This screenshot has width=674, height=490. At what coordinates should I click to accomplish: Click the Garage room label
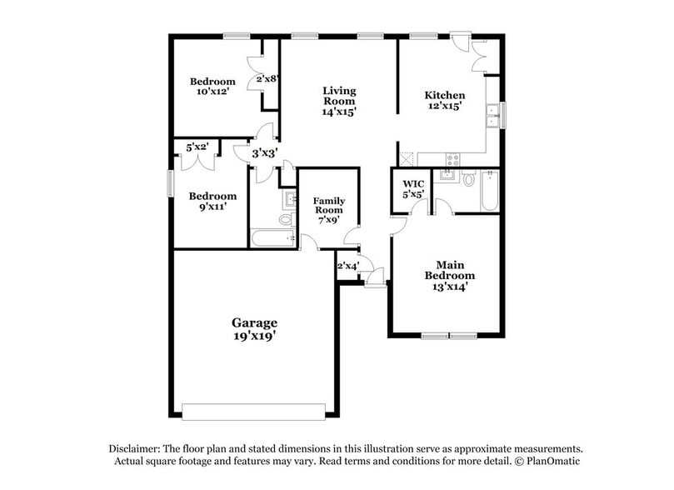(254, 322)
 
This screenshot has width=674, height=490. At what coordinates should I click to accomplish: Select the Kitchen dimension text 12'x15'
(445, 107)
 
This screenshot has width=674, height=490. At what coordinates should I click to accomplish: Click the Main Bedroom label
(450, 275)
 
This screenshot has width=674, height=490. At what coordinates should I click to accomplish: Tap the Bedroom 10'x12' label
(212, 87)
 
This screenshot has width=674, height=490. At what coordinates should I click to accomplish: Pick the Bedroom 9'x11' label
(212, 202)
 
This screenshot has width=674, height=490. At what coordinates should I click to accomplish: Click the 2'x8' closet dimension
(267, 79)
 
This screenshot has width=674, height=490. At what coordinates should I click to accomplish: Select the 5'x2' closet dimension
(197, 147)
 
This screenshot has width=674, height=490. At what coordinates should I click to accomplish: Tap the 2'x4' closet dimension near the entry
(347, 267)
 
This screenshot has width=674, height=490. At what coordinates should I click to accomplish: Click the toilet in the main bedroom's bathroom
(469, 178)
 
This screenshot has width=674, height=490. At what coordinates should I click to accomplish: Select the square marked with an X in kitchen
(407, 157)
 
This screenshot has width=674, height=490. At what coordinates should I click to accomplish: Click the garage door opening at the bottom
(254, 412)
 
